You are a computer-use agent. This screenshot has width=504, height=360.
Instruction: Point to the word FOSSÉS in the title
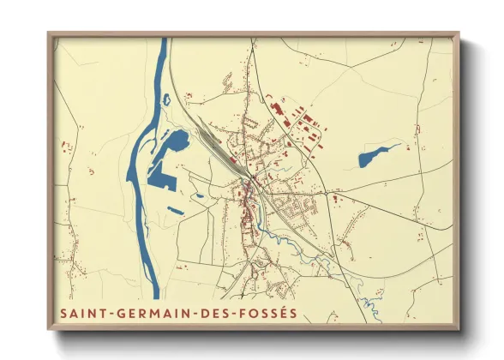(270, 313)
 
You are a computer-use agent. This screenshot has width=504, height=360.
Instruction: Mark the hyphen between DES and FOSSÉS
(237, 314)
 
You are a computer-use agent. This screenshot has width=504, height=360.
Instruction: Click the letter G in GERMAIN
(121, 313)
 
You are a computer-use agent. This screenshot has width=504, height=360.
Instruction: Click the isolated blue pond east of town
(375, 156)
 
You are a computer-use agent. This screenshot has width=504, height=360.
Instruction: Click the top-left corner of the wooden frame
(49, 33)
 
